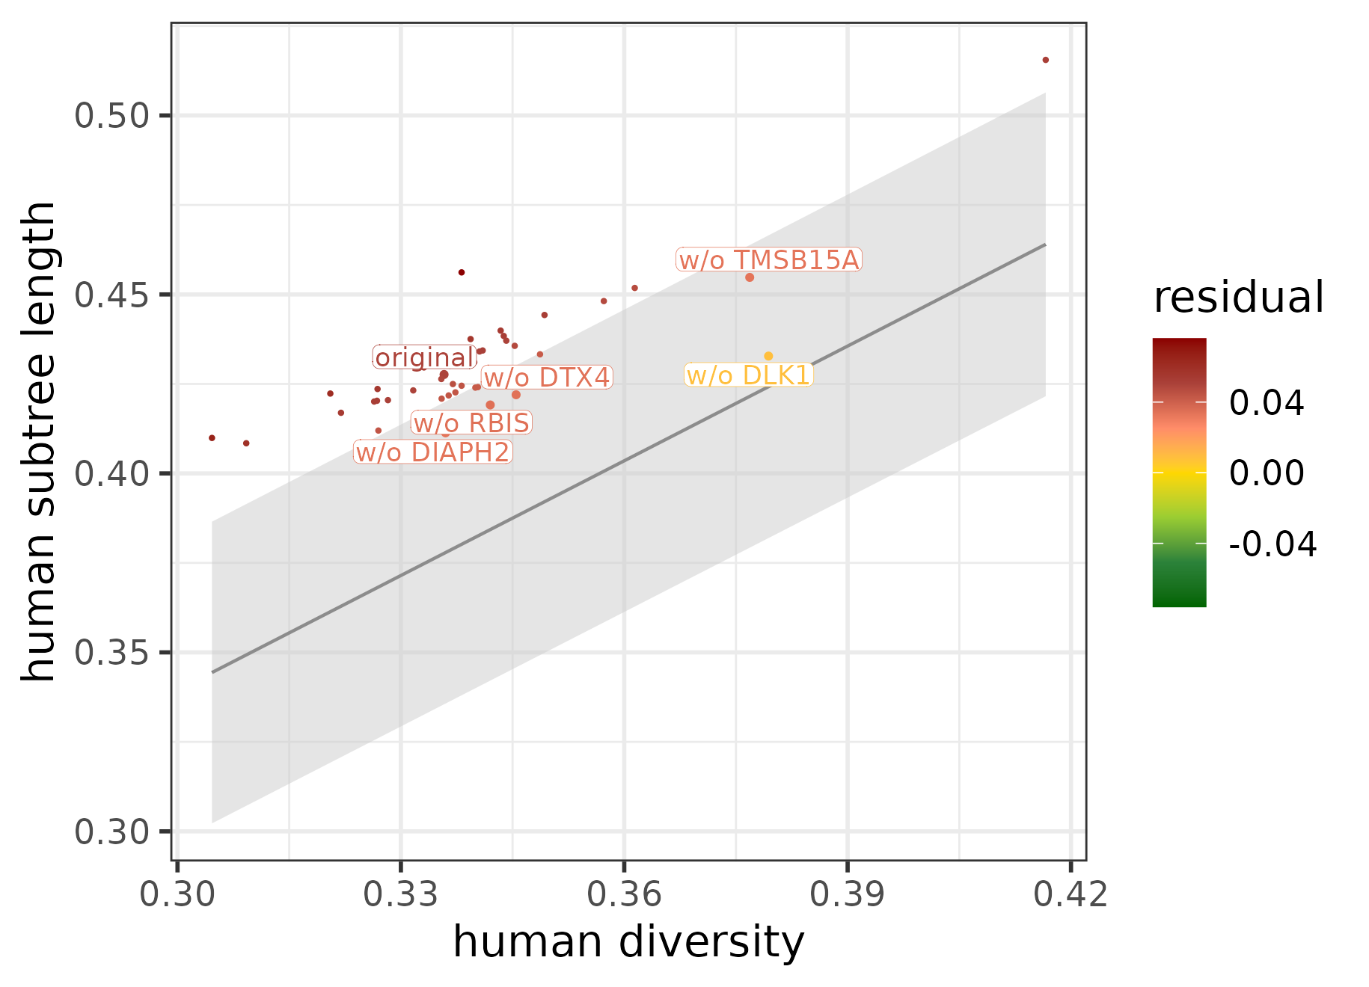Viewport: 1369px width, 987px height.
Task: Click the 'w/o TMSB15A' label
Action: coord(769,260)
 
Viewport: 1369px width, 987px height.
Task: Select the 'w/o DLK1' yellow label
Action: coord(748,375)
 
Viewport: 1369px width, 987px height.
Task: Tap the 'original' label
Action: coord(424,358)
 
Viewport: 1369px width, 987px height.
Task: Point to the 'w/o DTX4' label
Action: coord(547,378)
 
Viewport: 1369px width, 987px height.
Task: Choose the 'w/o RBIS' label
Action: coord(471,423)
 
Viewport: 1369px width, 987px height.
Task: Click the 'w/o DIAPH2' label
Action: coord(432,452)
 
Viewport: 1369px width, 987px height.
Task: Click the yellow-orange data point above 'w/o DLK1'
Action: coord(768,356)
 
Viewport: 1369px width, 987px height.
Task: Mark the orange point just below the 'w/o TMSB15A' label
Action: coord(750,277)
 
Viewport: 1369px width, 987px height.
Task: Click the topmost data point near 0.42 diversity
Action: coord(1046,60)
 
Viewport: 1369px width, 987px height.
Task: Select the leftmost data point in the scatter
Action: coord(212,438)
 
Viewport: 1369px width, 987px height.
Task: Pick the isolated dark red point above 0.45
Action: coord(462,272)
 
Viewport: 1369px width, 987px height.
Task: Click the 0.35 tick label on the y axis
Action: coord(112,653)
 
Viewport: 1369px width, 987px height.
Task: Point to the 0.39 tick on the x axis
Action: coord(847,894)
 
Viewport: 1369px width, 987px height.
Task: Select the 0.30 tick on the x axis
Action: coord(177,894)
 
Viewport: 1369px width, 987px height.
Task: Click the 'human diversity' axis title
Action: coord(628,942)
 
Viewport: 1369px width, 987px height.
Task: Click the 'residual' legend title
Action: coord(1238,298)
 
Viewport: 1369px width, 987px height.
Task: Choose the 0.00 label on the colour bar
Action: coord(1266,473)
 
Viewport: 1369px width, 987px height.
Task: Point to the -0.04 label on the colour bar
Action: coord(1272,544)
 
